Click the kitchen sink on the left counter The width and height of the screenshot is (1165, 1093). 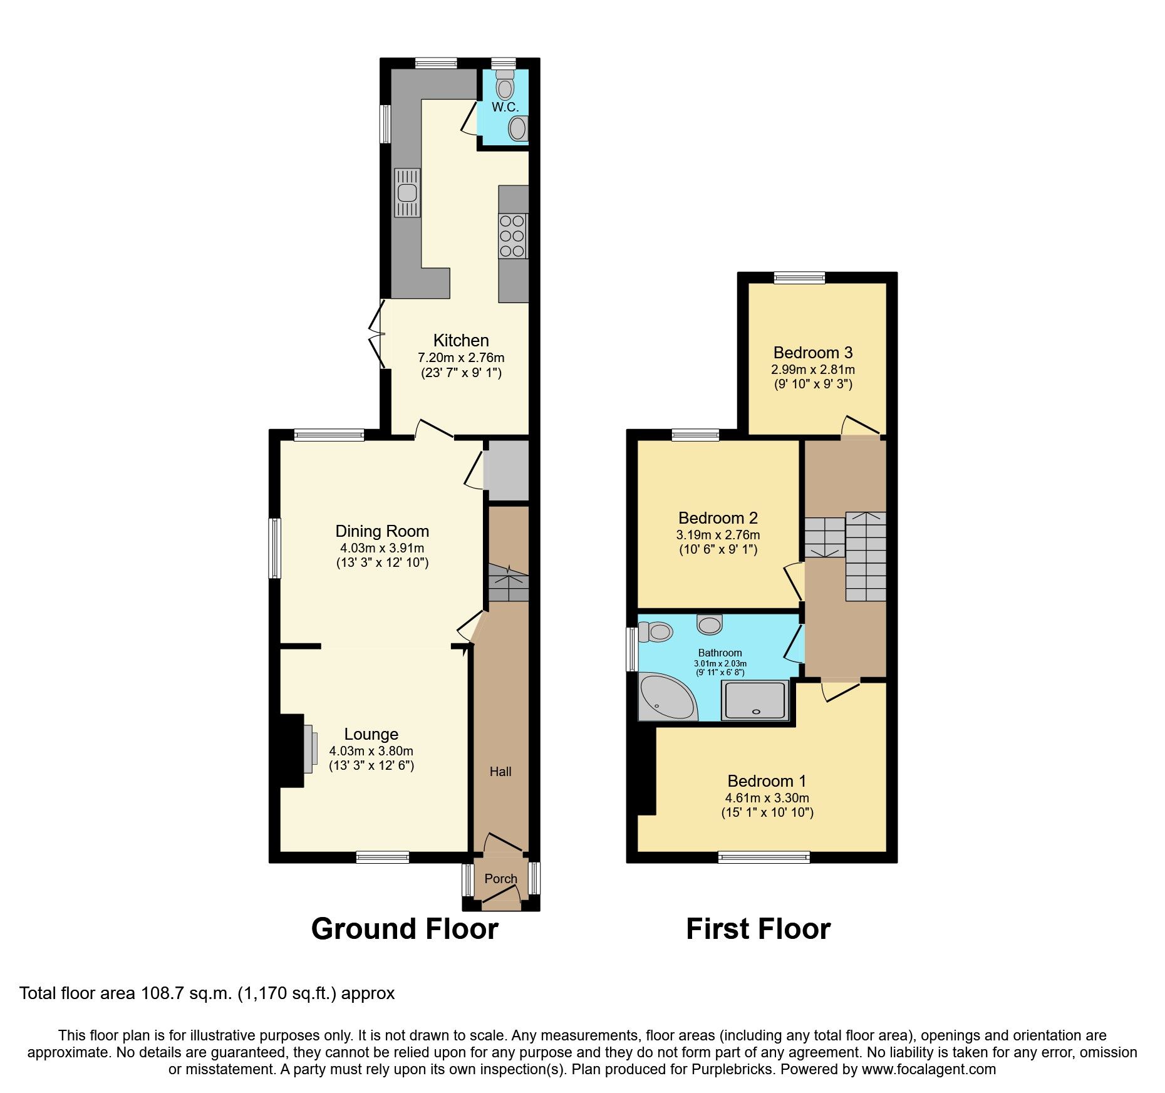coord(406,192)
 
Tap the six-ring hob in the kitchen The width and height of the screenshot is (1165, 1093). coord(512,236)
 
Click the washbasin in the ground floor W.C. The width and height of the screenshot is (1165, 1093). coord(517,129)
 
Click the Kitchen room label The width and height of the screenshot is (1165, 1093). coord(461,341)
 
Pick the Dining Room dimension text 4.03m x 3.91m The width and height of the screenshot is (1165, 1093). coord(381,547)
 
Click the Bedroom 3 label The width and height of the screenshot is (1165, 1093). coord(812,352)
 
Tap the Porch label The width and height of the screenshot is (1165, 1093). coord(501,879)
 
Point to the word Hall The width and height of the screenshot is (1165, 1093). coord(500,772)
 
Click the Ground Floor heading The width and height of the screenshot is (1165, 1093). coord(405,929)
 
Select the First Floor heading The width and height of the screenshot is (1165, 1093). coord(758,929)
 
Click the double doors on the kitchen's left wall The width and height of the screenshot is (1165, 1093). coord(378,334)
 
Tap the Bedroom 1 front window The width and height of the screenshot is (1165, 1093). coord(764,857)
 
